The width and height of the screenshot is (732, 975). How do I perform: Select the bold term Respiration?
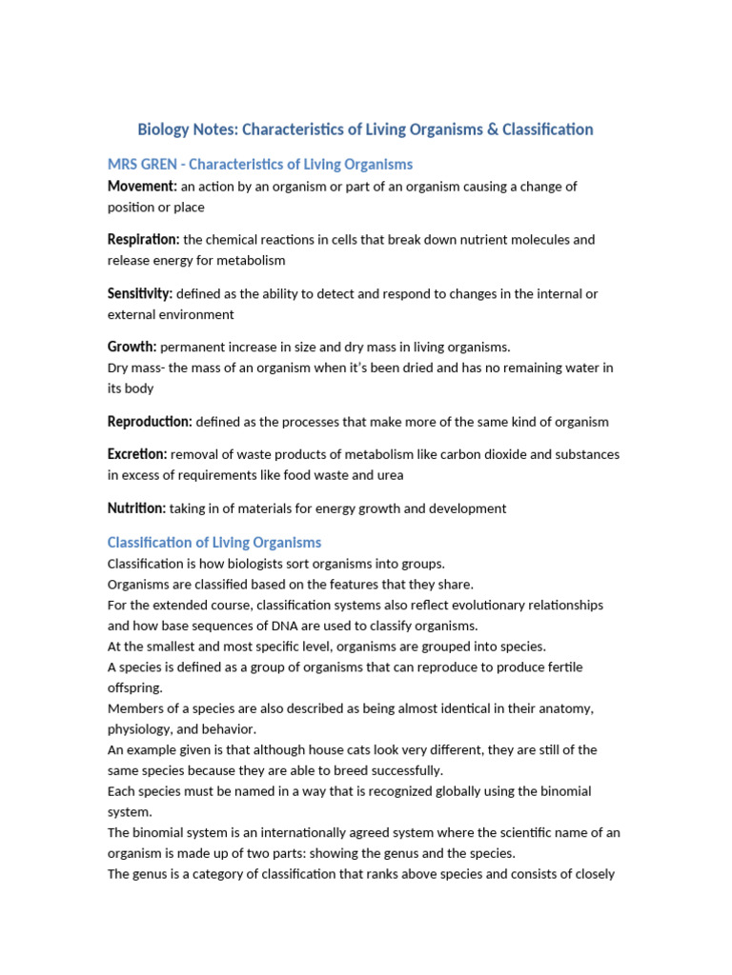(x=143, y=240)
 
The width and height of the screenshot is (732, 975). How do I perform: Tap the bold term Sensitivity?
(x=140, y=294)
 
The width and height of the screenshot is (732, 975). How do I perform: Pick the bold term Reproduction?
(x=150, y=422)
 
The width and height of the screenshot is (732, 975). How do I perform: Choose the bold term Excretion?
(x=137, y=455)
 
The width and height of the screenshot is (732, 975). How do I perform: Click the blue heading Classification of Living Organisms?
(x=214, y=543)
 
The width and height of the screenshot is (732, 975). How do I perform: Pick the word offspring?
(x=134, y=687)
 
